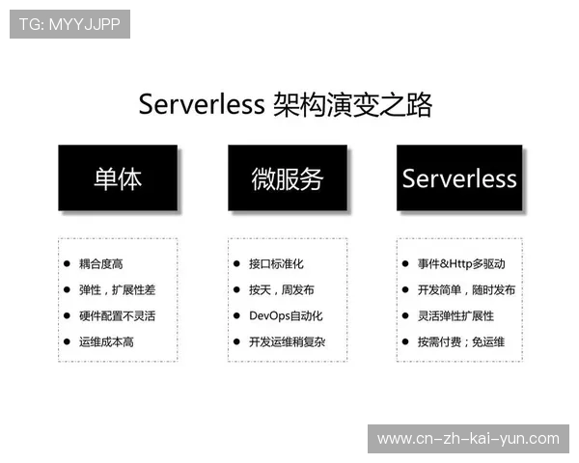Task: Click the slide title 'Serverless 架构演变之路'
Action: click(285, 104)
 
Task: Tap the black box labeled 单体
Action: click(118, 178)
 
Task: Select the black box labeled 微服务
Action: click(288, 178)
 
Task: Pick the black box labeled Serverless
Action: click(459, 178)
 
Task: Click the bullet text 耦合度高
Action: click(100, 263)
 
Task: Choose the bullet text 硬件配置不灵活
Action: click(117, 315)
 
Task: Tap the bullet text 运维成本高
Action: click(106, 341)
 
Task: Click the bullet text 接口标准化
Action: click(276, 263)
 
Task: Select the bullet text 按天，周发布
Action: click(281, 289)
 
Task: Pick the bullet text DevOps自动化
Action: click(285, 315)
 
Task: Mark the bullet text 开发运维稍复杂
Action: click(287, 341)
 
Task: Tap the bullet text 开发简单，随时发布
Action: click(466, 289)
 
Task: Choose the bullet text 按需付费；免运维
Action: click(460, 341)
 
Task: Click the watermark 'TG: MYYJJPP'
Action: click(69, 24)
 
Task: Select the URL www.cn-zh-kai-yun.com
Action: click(468, 439)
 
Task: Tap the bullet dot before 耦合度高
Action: click(66, 263)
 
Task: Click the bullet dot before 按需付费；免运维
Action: click(405, 341)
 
